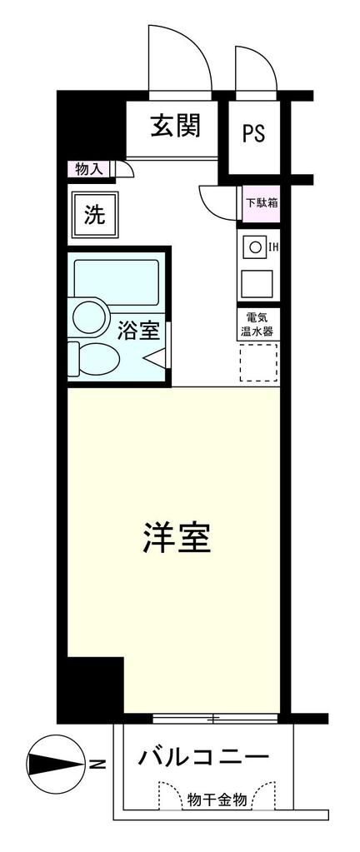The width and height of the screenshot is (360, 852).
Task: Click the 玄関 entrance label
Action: click(x=176, y=126)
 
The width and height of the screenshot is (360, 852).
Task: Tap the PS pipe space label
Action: click(x=253, y=133)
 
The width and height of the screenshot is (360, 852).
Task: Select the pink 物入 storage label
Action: click(x=89, y=169)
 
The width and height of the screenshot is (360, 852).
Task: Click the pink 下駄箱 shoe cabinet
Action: click(x=261, y=204)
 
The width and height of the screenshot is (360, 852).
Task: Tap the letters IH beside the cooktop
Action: click(x=273, y=248)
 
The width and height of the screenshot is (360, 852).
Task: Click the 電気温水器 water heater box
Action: click(x=259, y=324)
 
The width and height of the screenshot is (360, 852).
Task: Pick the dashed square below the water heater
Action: click(x=259, y=362)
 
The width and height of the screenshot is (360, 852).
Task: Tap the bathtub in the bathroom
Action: click(x=117, y=282)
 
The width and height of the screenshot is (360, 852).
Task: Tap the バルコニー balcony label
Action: click(x=202, y=757)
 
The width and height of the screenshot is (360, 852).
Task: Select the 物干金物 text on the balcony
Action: click(x=217, y=800)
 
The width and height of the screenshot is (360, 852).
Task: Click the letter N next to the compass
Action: click(x=97, y=765)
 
